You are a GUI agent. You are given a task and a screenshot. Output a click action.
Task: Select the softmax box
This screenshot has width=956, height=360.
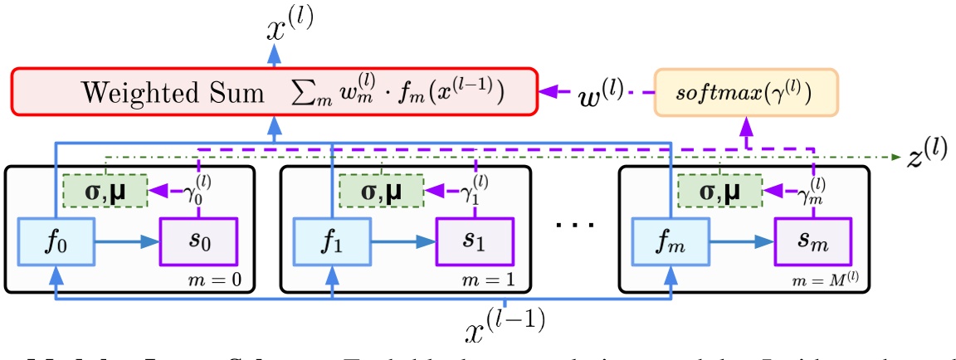point(746,90)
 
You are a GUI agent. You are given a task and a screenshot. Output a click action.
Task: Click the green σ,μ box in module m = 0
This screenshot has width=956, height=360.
point(105,192)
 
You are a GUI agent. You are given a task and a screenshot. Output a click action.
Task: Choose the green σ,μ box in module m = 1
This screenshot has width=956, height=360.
point(381,192)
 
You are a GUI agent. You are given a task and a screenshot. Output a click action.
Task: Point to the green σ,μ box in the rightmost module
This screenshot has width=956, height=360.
point(719,192)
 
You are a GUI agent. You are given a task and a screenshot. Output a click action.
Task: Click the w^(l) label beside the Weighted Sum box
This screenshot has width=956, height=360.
point(603,90)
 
